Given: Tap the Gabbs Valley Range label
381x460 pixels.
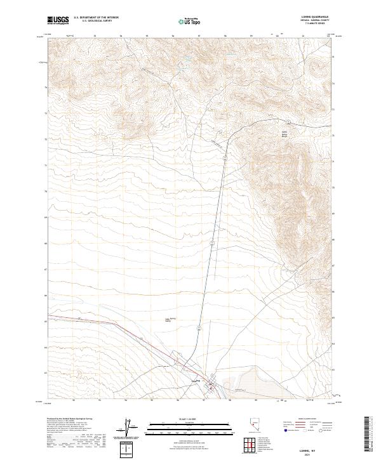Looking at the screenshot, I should [x=276, y=134].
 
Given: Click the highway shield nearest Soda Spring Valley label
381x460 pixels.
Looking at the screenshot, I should [x=198, y=327].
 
